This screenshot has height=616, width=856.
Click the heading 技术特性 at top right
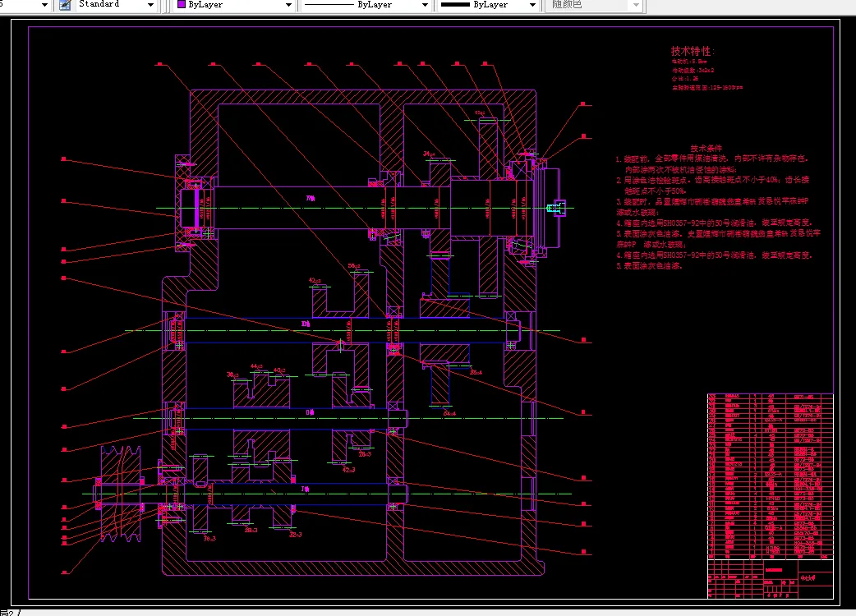coord(693,51)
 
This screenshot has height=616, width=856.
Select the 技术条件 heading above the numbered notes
coord(706,149)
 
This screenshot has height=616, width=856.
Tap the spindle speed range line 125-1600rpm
coord(706,86)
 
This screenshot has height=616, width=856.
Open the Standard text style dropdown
coord(115,5)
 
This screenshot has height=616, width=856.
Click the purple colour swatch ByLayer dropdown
coord(235,5)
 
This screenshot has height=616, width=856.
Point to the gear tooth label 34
coord(429,154)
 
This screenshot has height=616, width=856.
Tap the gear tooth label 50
coord(355,266)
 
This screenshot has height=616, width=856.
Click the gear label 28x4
coord(476,372)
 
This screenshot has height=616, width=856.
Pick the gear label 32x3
coord(295,535)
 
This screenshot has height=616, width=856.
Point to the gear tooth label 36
coord(232,375)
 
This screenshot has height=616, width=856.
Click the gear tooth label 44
coord(255,366)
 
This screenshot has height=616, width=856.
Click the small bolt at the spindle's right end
coord(559,209)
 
